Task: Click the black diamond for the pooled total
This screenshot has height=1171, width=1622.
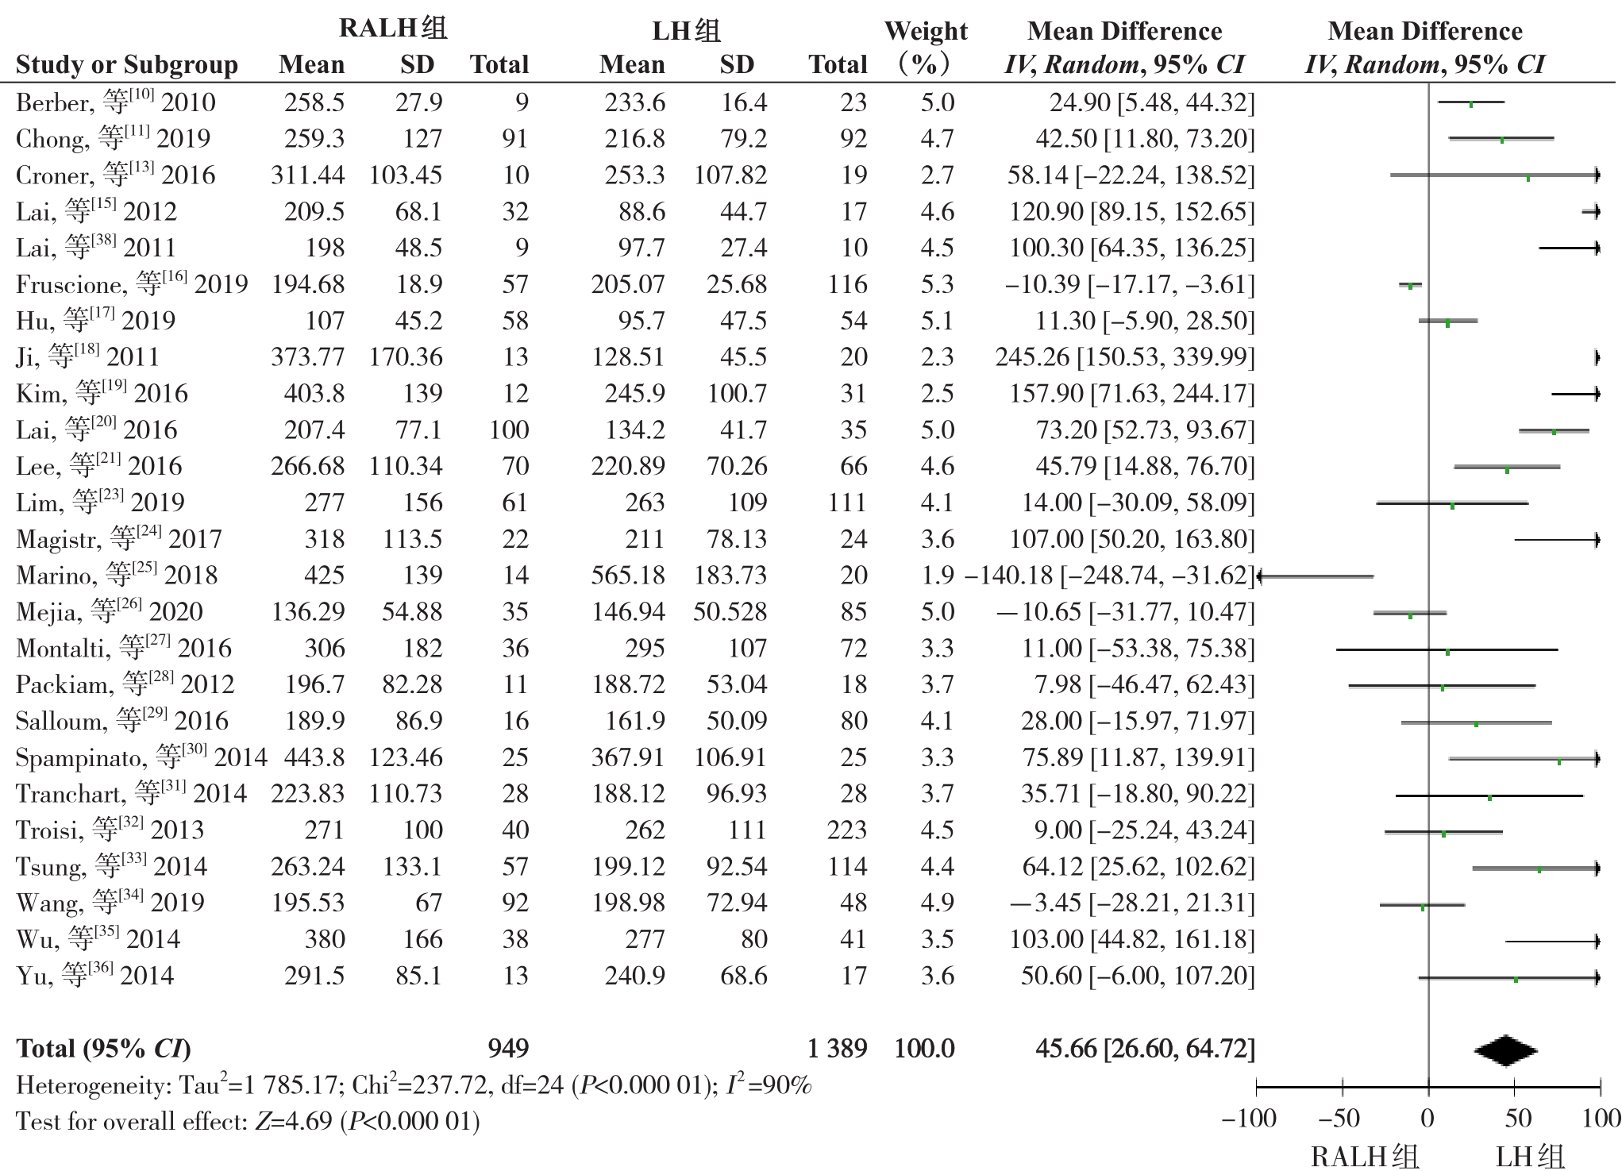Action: (x=1505, y=1050)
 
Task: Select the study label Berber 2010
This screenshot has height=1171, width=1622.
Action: (x=115, y=102)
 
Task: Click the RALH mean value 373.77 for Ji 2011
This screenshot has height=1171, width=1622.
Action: (x=308, y=356)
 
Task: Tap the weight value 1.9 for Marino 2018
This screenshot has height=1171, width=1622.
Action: (x=938, y=575)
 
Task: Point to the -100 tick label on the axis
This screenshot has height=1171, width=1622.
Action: (x=1249, y=1119)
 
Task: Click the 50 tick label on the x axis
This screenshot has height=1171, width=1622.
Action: (x=1517, y=1119)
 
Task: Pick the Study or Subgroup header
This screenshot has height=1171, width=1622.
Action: (x=127, y=64)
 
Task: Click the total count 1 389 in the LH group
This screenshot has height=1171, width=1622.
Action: (x=838, y=1049)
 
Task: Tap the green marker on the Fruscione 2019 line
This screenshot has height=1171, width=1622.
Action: (x=1411, y=286)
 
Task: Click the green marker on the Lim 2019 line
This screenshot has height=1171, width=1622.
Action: (x=1452, y=505)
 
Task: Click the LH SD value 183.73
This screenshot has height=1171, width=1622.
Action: (x=730, y=575)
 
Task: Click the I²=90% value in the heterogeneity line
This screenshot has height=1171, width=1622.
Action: (x=769, y=1084)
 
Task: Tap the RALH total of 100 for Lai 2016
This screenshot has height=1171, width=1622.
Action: (x=509, y=429)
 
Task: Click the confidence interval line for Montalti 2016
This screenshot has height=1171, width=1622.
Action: (x=1447, y=650)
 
